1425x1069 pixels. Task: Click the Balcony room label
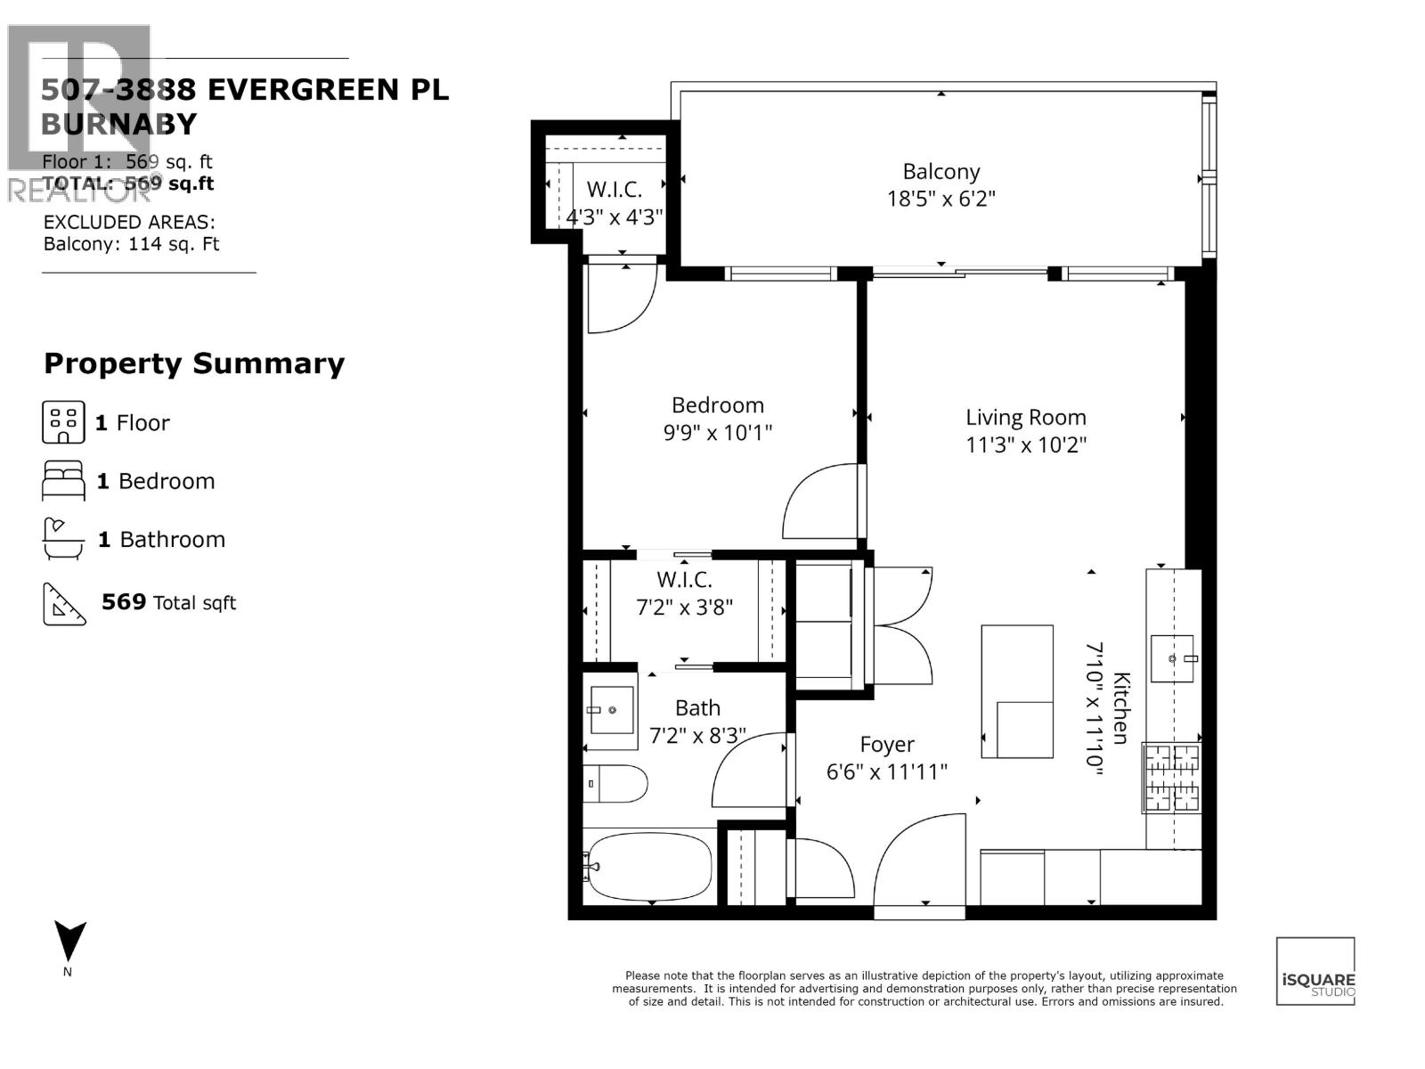click(x=940, y=171)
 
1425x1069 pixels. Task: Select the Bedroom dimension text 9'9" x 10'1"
click(x=717, y=434)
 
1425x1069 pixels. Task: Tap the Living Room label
click(x=1026, y=417)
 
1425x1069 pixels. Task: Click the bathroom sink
click(x=611, y=710)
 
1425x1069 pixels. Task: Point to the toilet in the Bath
click(x=615, y=783)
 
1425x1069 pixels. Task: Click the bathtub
click(x=649, y=866)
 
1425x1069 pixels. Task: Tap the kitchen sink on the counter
click(x=1172, y=658)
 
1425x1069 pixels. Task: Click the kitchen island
click(x=1017, y=691)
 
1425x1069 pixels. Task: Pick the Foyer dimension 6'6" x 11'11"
click(x=886, y=772)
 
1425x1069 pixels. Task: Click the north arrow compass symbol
click(x=69, y=943)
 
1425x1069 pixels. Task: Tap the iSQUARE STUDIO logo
click(x=1315, y=971)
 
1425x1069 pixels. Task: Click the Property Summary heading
click(x=194, y=363)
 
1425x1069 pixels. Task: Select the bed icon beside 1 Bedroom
click(x=63, y=481)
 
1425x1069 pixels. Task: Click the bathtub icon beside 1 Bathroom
click(x=63, y=539)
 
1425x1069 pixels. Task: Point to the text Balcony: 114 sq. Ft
click(x=131, y=244)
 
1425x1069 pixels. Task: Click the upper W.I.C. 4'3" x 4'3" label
click(x=615, y=202)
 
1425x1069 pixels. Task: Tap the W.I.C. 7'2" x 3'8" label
click(x=684, y=593)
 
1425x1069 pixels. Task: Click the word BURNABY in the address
click(x=118, y=124)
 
